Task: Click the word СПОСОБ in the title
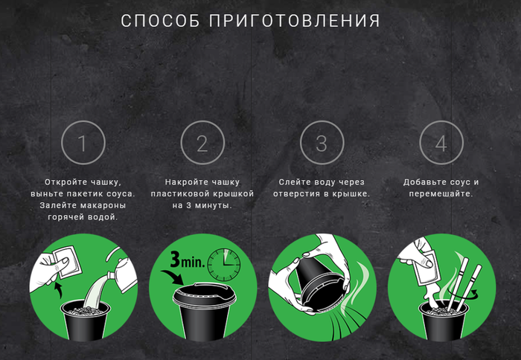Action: point(161,21)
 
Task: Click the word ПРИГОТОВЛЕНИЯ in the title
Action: point(295,21)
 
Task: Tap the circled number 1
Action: point(83,143)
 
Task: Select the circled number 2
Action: point(202,143)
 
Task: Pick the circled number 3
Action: point(322,143)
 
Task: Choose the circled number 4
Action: point(441,143)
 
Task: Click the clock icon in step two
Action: point(224,265)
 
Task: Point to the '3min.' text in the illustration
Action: point(188,260)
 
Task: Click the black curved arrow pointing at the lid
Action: point(173,277)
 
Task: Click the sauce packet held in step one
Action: point(68,261)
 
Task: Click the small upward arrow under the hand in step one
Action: point(59,291)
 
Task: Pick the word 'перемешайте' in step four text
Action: point(441,193)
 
